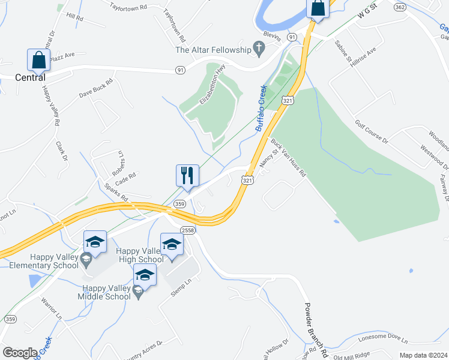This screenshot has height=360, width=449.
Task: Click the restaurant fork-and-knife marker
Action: pyautogui.click(x=187, y=175)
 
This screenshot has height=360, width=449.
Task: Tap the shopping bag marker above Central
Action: pyautogui.click(x=38, y=60)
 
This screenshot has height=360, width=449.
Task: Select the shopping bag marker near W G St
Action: pyautogui.click(x=318, y=9)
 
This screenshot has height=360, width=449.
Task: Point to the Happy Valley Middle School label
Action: pyautogui.click(x=106, y=292)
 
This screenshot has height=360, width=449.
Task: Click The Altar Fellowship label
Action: pyautogui.click(x=212, y=49)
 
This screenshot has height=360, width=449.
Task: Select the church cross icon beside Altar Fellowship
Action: pyautogui.click(x=259, y=48)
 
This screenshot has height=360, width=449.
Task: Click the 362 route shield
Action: pyautogui.click(x=400, y=7)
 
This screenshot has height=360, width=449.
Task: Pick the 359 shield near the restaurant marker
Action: pyautogui.click(x=179, y=204)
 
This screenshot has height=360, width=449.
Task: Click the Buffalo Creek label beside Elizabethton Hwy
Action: pyautogui.click(x=261, y=109)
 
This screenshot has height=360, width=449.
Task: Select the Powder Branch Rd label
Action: pyautogui.click(x=315, y=325)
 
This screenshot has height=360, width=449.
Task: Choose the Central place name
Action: pyautogui.click(x=30, y=77)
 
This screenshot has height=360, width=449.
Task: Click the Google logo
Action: pyautogui.click(x=19, y=352)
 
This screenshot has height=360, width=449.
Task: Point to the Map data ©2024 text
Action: pyautogui.click(x=424, y=355)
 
